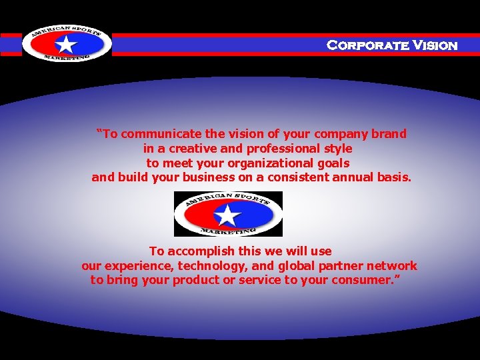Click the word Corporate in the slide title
coord(367,45)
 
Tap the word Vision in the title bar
coord(435,45)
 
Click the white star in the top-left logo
coord(66,45)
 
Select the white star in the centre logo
coord(228,215)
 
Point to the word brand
coord(389,133)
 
